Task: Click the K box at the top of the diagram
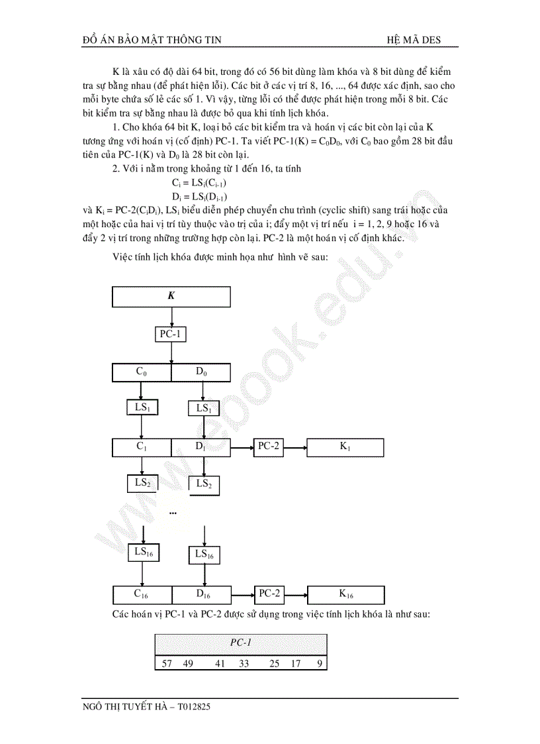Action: coord(171,296)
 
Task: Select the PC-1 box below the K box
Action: coord(170,334)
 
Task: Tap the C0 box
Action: coord(142,372)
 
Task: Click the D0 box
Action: coord(201,372)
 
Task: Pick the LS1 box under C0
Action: coord(142,407)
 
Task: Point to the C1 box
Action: coord(142,447)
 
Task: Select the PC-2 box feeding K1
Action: coord(269,447)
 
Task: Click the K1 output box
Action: coord(345,447)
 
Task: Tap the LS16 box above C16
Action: coord(142,551)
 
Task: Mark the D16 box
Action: coord(202,594)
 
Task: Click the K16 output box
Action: coord(346,594)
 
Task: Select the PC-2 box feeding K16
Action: coord(269,594)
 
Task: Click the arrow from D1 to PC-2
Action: coord(242,448)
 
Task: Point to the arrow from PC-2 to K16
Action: coord(296,594)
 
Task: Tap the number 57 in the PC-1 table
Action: coord(167,663)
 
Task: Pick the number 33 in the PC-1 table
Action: coord(244,663)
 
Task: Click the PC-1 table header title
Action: coord(241,643)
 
